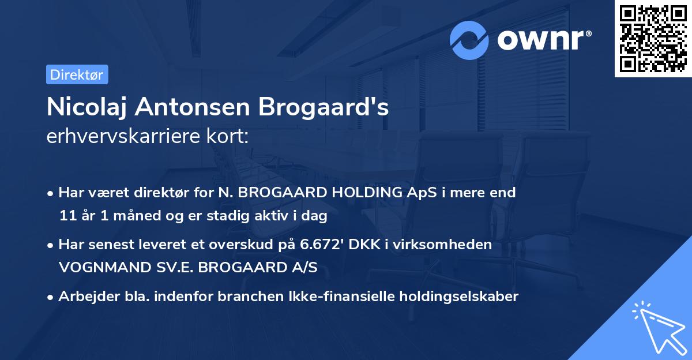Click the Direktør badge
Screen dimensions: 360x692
tap(77, 74)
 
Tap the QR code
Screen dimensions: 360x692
tap(653, 38)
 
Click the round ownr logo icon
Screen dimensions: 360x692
tap(469, 40)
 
